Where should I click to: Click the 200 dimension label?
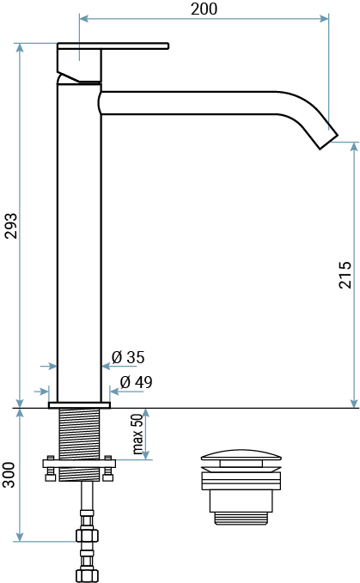204,9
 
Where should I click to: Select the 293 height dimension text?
11,226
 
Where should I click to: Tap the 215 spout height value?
345,275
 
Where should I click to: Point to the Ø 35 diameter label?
128,357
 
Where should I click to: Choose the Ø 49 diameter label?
136,382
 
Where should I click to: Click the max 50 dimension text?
137,434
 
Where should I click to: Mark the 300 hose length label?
9,475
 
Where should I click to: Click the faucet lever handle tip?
168,46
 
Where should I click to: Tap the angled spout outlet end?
329,142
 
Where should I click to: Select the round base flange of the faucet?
79,405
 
